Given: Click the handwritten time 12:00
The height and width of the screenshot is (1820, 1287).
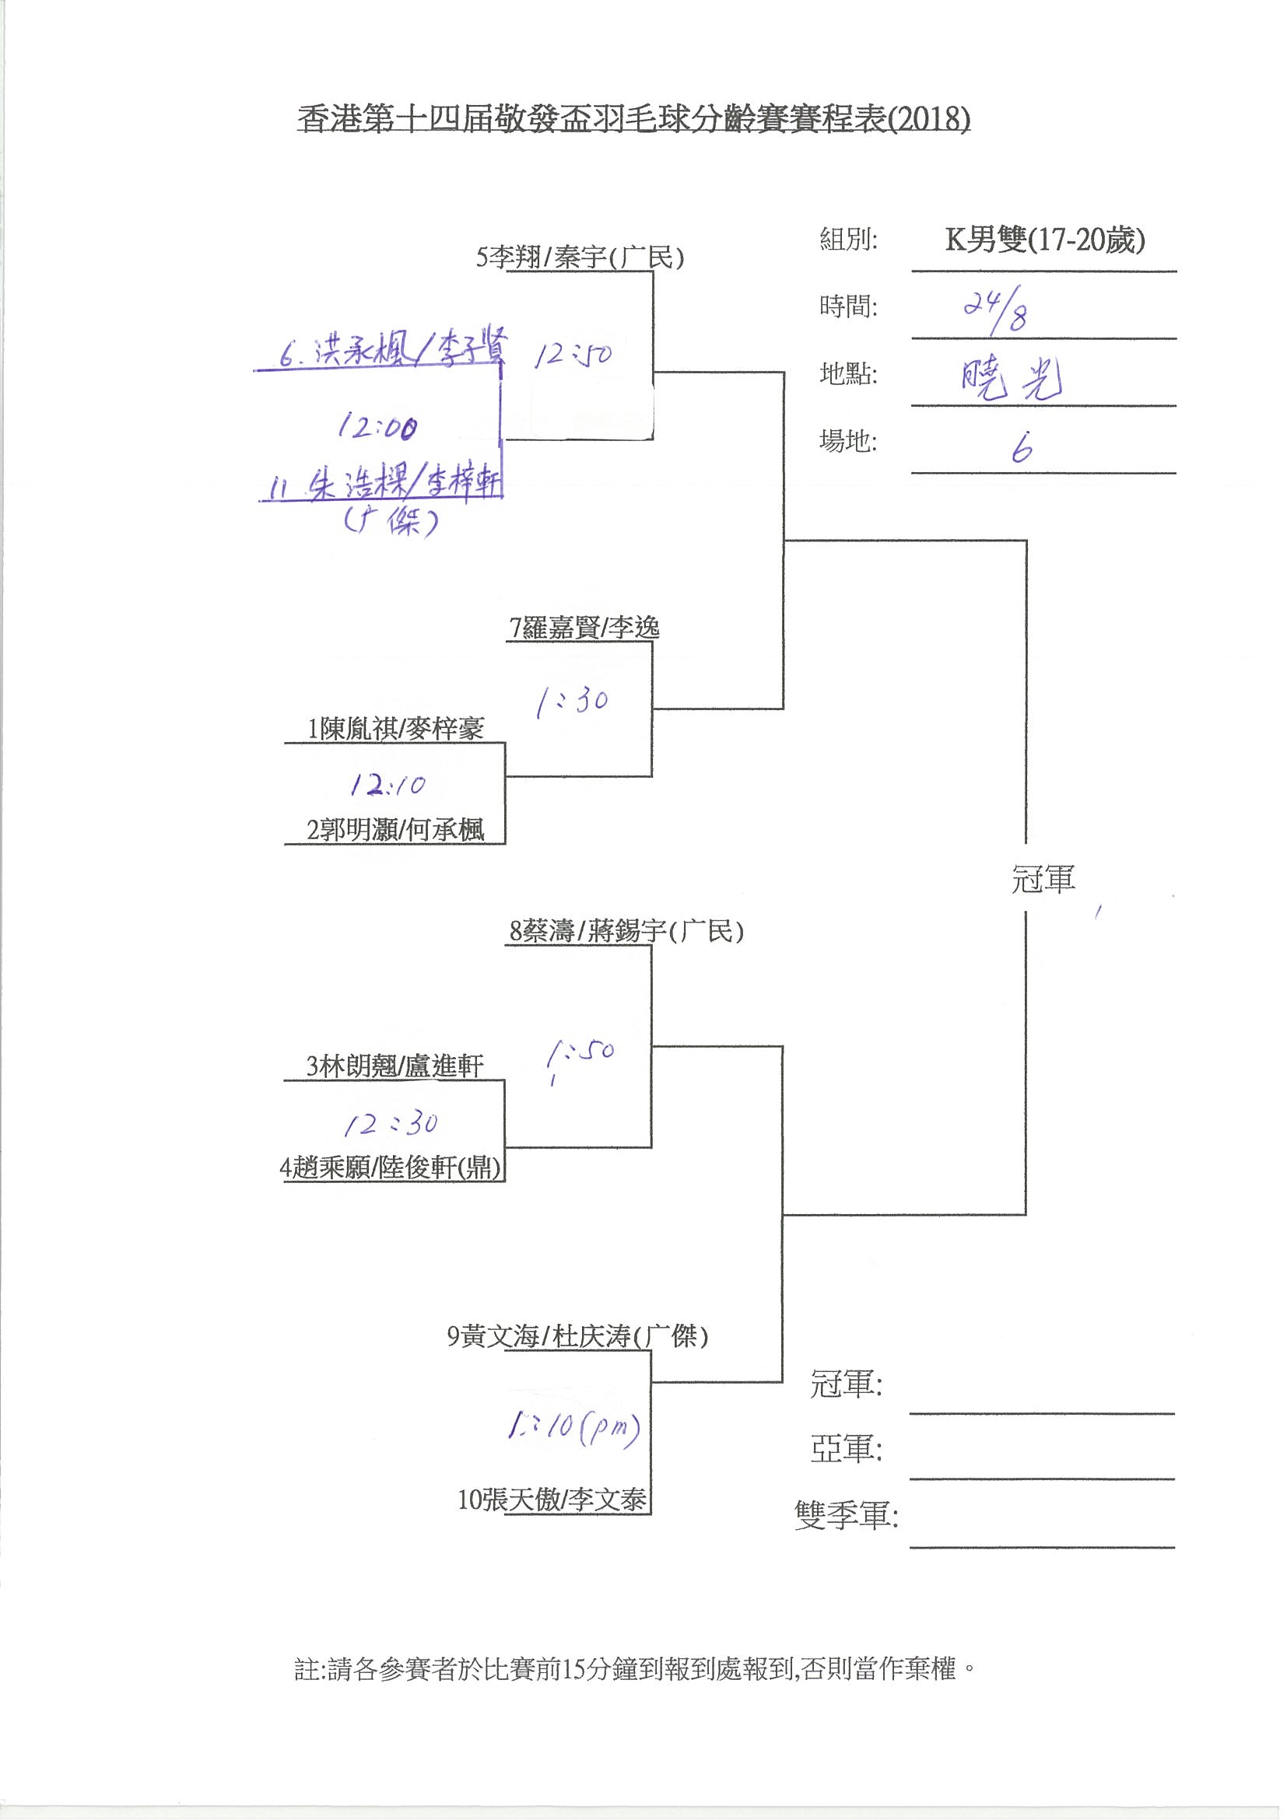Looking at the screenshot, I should coord(378,428).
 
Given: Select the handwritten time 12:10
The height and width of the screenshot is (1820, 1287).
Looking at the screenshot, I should coord(388,785).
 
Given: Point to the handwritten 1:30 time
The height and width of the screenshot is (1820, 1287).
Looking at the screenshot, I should coord(572,701).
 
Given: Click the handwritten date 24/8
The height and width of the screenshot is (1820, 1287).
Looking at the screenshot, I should coord(996,308).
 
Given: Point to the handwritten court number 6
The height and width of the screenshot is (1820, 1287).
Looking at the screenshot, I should coord(1022,450).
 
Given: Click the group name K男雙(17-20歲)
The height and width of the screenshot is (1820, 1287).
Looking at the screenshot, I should coord(1044,240).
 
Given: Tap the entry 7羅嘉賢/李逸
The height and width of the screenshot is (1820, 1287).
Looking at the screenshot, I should coord(584,628).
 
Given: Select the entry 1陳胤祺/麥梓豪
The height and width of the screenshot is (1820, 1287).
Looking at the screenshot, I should coord(396,729).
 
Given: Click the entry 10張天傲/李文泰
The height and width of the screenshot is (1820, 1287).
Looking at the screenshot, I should coord(552,1499).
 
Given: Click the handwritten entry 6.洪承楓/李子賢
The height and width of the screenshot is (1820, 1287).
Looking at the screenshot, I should coord(391,350).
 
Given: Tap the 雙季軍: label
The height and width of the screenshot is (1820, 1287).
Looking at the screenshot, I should coord(846,1516).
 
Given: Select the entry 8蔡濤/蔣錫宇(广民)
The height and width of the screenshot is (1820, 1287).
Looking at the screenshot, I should coord(626,930).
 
